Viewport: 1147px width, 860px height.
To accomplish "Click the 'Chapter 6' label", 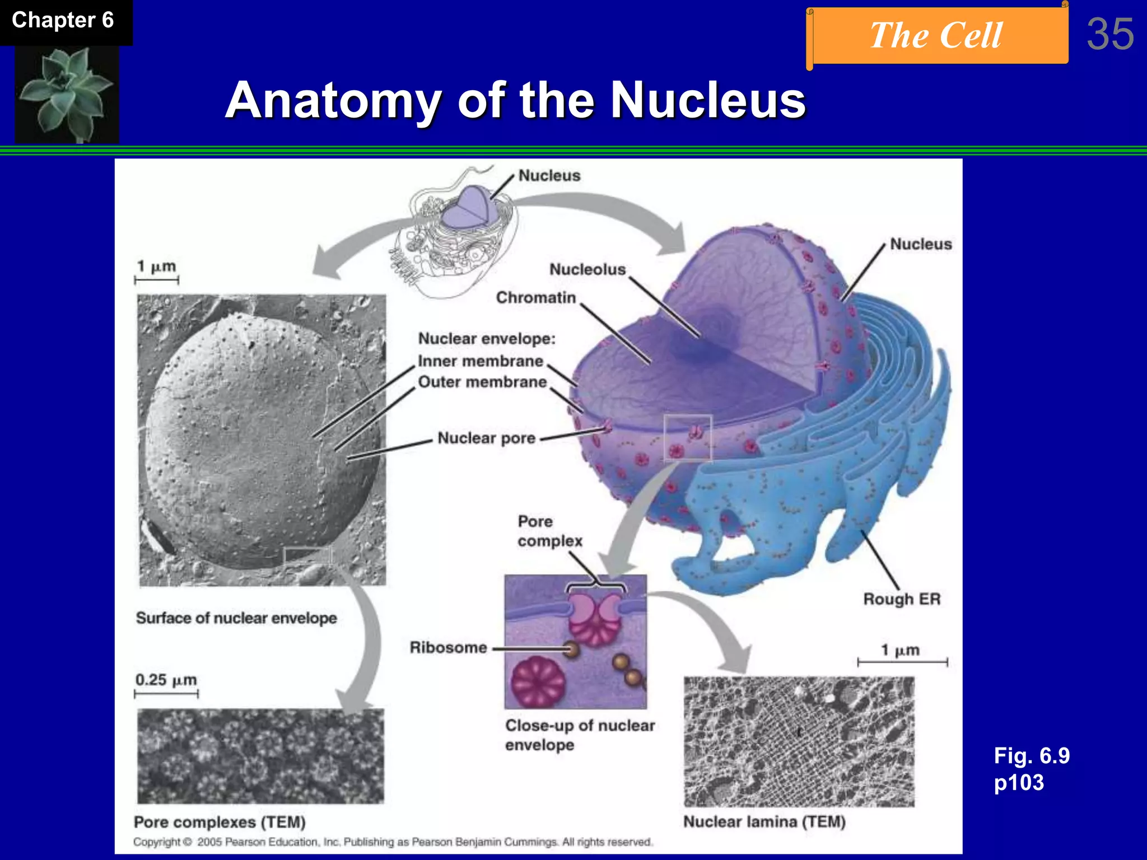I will click(x=63, y=21).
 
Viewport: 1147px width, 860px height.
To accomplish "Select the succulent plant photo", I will click(x=66, y=94).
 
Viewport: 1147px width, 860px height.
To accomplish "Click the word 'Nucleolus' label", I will click(x=587, y=269).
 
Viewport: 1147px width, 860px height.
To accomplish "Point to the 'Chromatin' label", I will click(x=535, y=297).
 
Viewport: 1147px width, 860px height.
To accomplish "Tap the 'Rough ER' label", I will click(x=901, y=599).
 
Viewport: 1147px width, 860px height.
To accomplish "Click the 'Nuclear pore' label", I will click(x=486, y=438).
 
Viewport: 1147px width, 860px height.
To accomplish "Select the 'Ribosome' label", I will click(x=448, y=648).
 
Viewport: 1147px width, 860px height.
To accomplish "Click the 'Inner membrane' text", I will click(x=481, y=361).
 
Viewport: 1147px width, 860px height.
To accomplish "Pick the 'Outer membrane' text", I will click(x=482, y=382).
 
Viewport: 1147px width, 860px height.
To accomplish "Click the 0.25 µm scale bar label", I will click(x=166, y=680).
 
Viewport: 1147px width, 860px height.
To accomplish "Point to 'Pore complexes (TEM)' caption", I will click(x=220, y=822).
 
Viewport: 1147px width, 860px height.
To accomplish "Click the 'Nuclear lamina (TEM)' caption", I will click(x=764, y=821).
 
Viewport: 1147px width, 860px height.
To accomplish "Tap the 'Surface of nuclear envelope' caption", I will click(x=236, y=618).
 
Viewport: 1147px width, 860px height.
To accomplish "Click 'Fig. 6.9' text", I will click(x=1031, y=756).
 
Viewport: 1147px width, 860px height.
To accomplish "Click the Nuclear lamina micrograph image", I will click(x=799, y=741).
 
